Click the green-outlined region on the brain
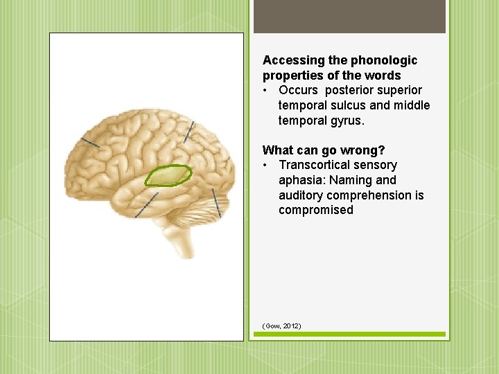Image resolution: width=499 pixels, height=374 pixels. pos(168,176)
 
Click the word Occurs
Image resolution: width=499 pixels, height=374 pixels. pos(298,90)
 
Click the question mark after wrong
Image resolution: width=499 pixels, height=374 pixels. pos(382,150)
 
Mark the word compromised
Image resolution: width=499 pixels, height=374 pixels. pos(315,210)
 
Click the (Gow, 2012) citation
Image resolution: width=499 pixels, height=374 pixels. pos(281,326)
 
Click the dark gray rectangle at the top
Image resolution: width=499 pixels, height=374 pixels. pos(349,17)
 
